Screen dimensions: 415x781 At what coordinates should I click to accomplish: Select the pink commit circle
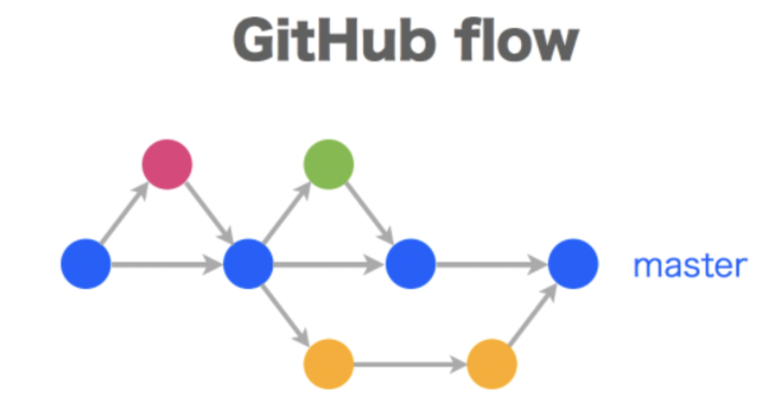[x=167, y=164]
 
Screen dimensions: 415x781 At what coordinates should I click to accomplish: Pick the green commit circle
[x=329, y=164]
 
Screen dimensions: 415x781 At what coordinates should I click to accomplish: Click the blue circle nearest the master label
[x=573, y=264]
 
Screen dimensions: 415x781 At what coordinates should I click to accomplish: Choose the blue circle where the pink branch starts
[x=86, y=264]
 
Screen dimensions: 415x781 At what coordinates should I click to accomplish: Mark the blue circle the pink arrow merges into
[x=248, y=264]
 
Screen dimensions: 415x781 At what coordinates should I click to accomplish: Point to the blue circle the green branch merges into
[x=411, y=264]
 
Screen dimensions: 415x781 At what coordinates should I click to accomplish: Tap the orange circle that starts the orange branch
[x=329, y=364]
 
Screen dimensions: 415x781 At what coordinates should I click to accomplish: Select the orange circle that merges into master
[x=492, y=364]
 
